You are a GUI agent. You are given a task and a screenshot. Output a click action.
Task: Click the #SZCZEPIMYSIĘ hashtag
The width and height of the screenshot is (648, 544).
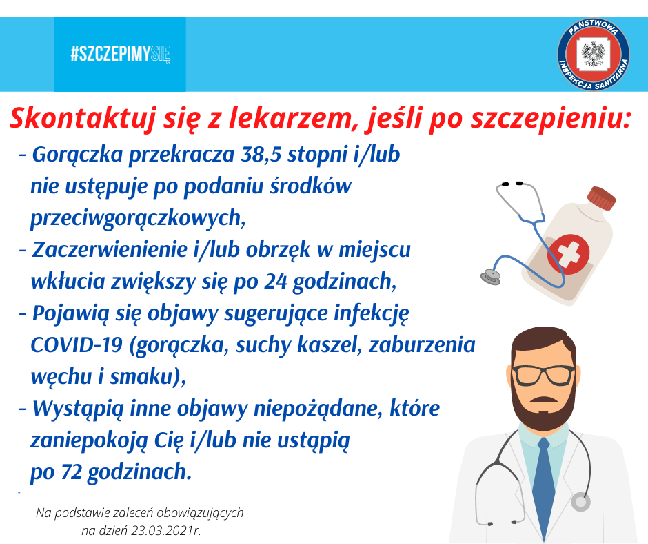click(x=120, y=54)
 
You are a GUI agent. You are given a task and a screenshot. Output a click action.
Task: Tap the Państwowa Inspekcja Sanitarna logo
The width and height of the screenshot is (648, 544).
click(x=593, y=55)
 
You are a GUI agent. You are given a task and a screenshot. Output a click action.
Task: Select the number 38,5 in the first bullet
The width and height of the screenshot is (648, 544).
click(x=261, y=155)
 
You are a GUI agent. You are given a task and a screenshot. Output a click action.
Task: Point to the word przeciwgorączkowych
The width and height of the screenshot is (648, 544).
click(x=138, y=218)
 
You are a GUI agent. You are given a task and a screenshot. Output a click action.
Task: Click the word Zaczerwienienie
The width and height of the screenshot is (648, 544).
click(x=109, y=250)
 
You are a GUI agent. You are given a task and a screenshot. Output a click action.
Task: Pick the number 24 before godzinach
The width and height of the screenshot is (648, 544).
click(x=275, y=282)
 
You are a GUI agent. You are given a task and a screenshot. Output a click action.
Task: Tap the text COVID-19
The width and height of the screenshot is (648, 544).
click(x=77, y=345)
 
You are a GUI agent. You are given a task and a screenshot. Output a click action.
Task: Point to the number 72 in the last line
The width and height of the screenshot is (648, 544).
click(x=72, y=472)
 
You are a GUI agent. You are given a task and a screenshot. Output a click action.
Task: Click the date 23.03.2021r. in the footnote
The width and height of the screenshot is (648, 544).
click(x=165, y=531)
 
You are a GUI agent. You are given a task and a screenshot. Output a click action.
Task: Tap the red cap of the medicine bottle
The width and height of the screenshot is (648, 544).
click(x=602, y=198)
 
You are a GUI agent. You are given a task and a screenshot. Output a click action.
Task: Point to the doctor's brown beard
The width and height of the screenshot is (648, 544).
click(x=543, y=408)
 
